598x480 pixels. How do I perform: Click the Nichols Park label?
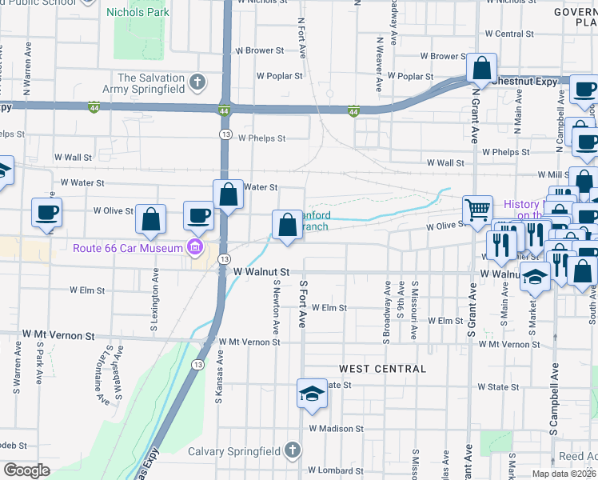pyautogui.click(x=142, y=13)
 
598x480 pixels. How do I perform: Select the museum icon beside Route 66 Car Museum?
pyautogui.click(x=194, y=248)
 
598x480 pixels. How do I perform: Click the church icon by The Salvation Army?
pyautogui.click(x=197, y=82)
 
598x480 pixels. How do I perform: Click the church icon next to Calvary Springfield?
pyautogui.click(x=293, y=451)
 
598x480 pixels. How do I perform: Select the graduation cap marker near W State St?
pyautogui.click(x=312, y=394)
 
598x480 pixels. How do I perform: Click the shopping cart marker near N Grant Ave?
pyautogui.click(x=477, y=210)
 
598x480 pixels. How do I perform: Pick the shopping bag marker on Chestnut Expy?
pyautogui.click(x=482, y=69)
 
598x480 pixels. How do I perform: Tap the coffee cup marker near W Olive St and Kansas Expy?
pyautogui.click(x=198, y=215)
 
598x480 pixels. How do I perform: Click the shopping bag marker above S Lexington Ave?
pyautogui.click(x=150, y=220)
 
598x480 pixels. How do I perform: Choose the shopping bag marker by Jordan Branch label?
pyautogui.click(x=287, y=225)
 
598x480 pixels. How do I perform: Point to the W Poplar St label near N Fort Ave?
pyautogui.click(x=279, y=76)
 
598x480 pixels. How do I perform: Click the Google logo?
pyautogui.click(x=27, y=470)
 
